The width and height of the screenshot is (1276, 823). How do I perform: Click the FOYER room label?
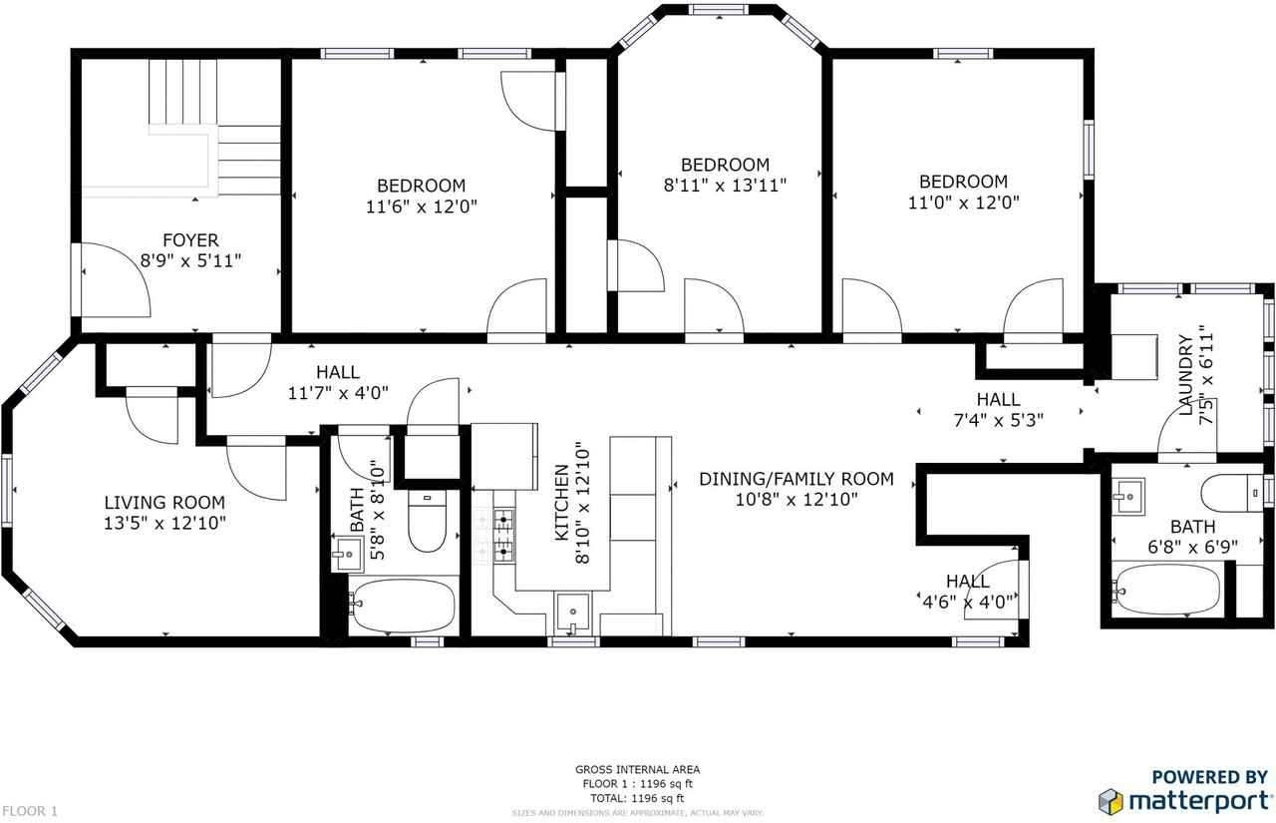[190, 240]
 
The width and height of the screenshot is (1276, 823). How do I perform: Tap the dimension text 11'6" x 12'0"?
[421, 206]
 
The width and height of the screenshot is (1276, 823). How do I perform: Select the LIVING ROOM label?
[165, 503]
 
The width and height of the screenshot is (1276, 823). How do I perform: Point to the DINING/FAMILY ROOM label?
[796, 479]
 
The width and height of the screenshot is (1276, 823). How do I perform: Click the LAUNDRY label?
[1185, 379]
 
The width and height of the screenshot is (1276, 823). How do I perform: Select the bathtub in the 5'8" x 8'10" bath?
[402, 606]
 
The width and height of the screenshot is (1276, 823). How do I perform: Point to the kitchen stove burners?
[504, 534]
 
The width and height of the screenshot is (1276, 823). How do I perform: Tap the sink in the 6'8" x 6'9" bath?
[1128, 493]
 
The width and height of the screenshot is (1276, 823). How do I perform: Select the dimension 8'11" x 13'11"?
[725, 185]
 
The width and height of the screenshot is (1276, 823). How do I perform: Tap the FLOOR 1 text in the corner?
[30, 811]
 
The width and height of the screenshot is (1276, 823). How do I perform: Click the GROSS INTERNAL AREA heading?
[637, 769]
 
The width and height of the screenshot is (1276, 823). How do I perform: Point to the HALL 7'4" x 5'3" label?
[998, 410]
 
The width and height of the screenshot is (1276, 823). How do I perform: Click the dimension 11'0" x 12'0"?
[963, 202]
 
